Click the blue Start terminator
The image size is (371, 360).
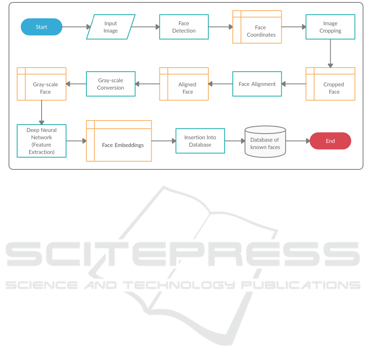(42, 27)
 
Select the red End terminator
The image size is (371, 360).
(330, 141)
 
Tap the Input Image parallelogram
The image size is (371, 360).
(110, 27)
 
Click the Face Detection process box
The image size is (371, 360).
(184, 27)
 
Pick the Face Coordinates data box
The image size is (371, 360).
(257, 27)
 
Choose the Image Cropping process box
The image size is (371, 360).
(330, 27)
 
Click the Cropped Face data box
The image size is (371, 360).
(330, 84)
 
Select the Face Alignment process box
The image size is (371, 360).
(257, 84)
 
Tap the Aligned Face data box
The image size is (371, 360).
(184, 84)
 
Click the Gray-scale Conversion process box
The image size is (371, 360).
(110, 84)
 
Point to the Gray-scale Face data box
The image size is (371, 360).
(42, 84)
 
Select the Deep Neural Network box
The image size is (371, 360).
(42, 141)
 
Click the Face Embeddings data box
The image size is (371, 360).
(119, 141)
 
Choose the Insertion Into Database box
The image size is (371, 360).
(200, 141)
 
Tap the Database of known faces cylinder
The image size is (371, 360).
(265, 142)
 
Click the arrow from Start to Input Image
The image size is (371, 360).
(76, 27)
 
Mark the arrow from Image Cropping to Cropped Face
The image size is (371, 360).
(330, 53)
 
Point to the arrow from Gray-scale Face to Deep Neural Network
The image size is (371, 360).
(42, 112)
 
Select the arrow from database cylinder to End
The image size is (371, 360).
(298, 141)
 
